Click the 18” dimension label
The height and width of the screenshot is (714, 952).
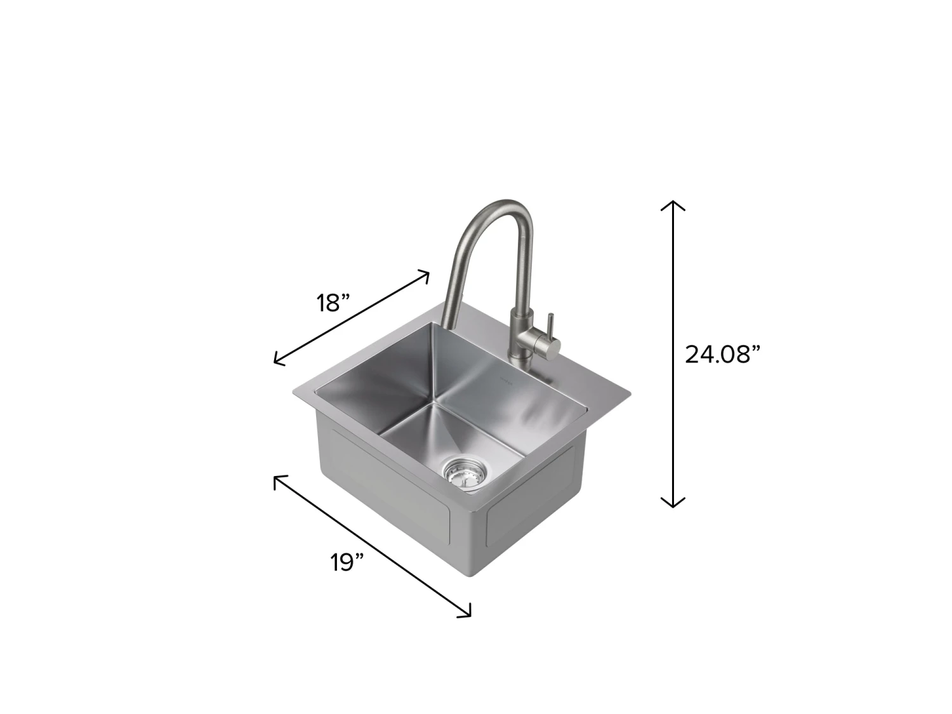point(334,303)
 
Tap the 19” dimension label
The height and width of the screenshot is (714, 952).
point(347,562)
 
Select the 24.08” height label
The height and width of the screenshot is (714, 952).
point(722,354)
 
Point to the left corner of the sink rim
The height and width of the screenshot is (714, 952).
point(294,391)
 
